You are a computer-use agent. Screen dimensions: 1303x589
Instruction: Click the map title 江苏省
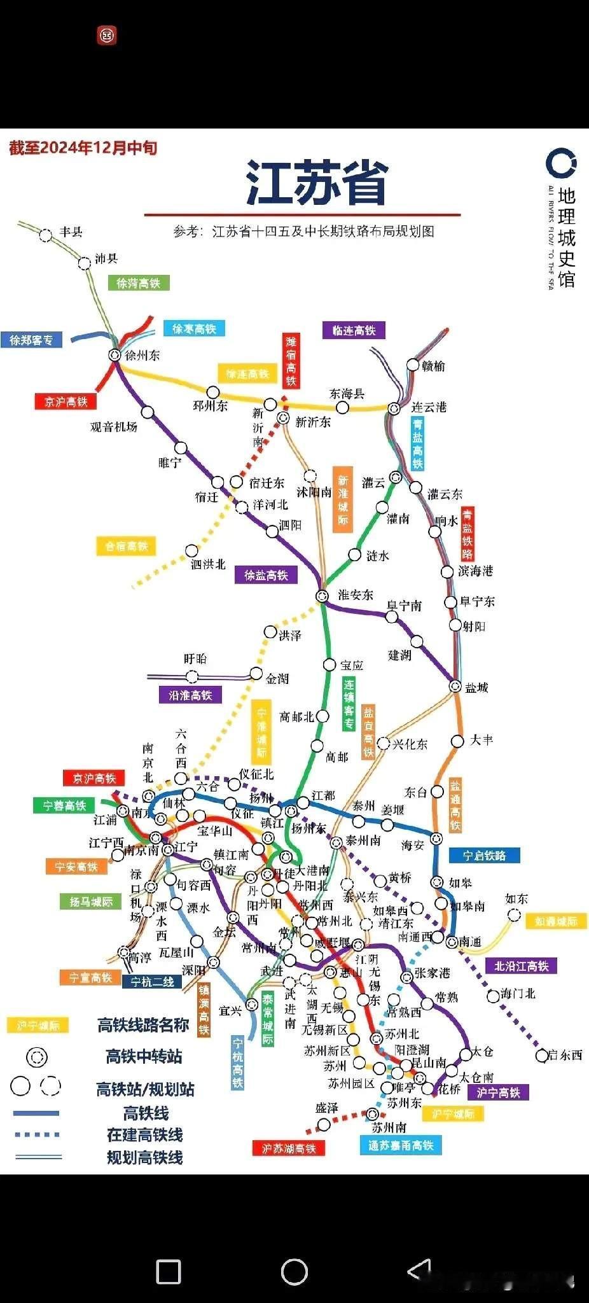pyautogui.click(x=317, y=183)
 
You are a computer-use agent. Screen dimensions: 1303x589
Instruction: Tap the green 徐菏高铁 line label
pyautogui.click(x=138, y=283)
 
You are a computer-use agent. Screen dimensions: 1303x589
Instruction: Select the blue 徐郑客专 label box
pyautogui.click(x=31, y=340)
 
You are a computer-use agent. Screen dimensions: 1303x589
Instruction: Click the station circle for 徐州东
pyautogui.click(x=114, y=355)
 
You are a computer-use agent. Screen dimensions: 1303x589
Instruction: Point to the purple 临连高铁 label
pyautogui.click(x=354, y=330)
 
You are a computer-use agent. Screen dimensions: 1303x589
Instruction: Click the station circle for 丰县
pyautogui.click(x=46, y=235)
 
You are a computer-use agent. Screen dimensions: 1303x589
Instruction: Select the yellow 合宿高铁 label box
pyautogui.click(x=126, y=546)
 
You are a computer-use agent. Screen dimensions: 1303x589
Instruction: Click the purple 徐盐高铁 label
pyautogui.click(x=266, y=575)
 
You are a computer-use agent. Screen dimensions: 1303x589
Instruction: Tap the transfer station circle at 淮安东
pyautogui.click(x=322, y=596)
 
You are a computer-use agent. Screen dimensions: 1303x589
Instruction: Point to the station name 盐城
pyautogui.click(x=476, y=688)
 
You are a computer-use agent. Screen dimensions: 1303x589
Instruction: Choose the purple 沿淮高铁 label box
pyautogui.click(x=190, y=695)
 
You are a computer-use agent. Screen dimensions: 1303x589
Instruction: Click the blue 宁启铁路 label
pyautogui.click(x=484, y=856)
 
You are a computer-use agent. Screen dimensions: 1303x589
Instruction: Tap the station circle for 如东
pyautogui.click(x=514, y=915)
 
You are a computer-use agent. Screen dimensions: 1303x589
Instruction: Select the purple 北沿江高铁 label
pyautogui.click(x=521, y=966)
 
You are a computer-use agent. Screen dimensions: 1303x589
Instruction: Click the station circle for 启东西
pyautogui.click(x=542, y=1056)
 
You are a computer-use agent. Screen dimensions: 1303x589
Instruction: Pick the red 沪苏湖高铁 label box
pyautogui.click(x=289, y=1148)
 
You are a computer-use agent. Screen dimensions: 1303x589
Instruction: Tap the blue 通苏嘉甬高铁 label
pyautogui.click(x=401, y=1145)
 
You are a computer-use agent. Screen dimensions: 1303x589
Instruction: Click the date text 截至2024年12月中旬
pyautogui.click(x=83, y=148)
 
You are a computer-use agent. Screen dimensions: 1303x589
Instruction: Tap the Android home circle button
pyautogui.click(x=294, y=1272)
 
